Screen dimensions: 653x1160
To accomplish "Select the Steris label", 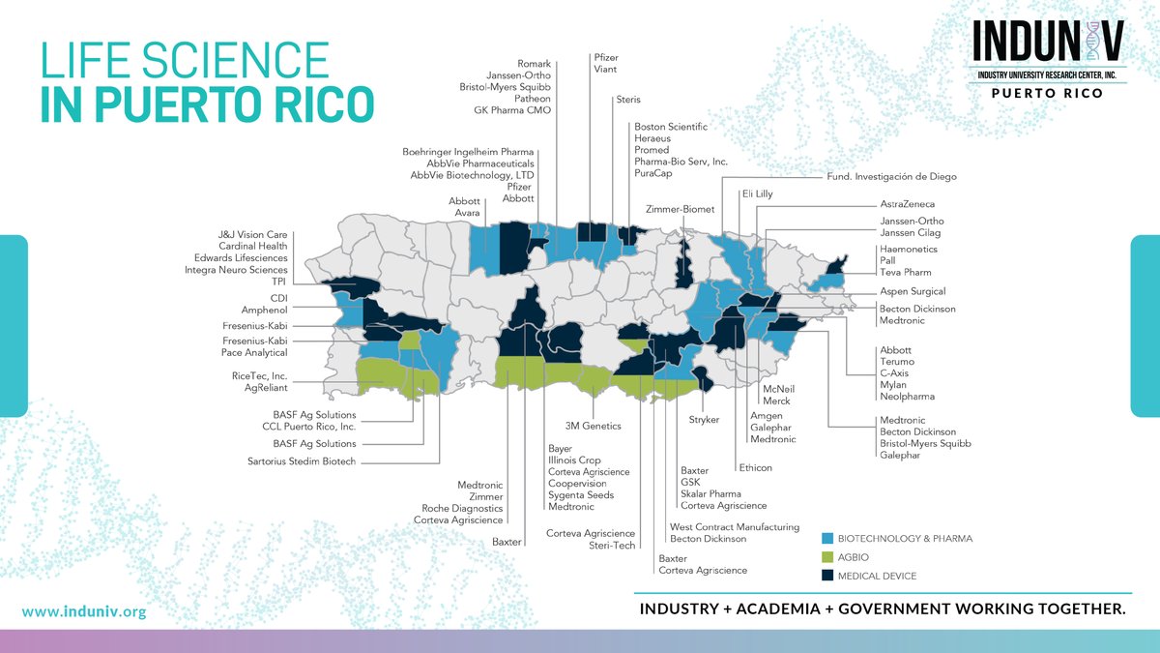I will [628, 100].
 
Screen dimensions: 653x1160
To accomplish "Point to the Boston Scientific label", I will [671, 127].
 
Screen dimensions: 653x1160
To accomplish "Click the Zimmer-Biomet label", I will [678, 208].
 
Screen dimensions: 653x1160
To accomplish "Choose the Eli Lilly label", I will [757, 194].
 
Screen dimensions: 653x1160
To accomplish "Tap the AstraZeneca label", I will [908, 205].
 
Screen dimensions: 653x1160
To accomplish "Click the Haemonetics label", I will [909, 250].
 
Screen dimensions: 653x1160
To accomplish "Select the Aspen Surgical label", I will [913, 291].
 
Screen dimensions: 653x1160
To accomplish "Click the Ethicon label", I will [755, 468].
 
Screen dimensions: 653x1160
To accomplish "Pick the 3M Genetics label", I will [594, 426].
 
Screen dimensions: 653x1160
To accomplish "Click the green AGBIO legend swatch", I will [826, 557].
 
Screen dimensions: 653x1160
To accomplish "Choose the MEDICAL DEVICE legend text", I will [878, 577].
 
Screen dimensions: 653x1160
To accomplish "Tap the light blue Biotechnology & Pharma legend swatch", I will [826, 538].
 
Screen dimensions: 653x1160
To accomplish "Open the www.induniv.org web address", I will [83, 611].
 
